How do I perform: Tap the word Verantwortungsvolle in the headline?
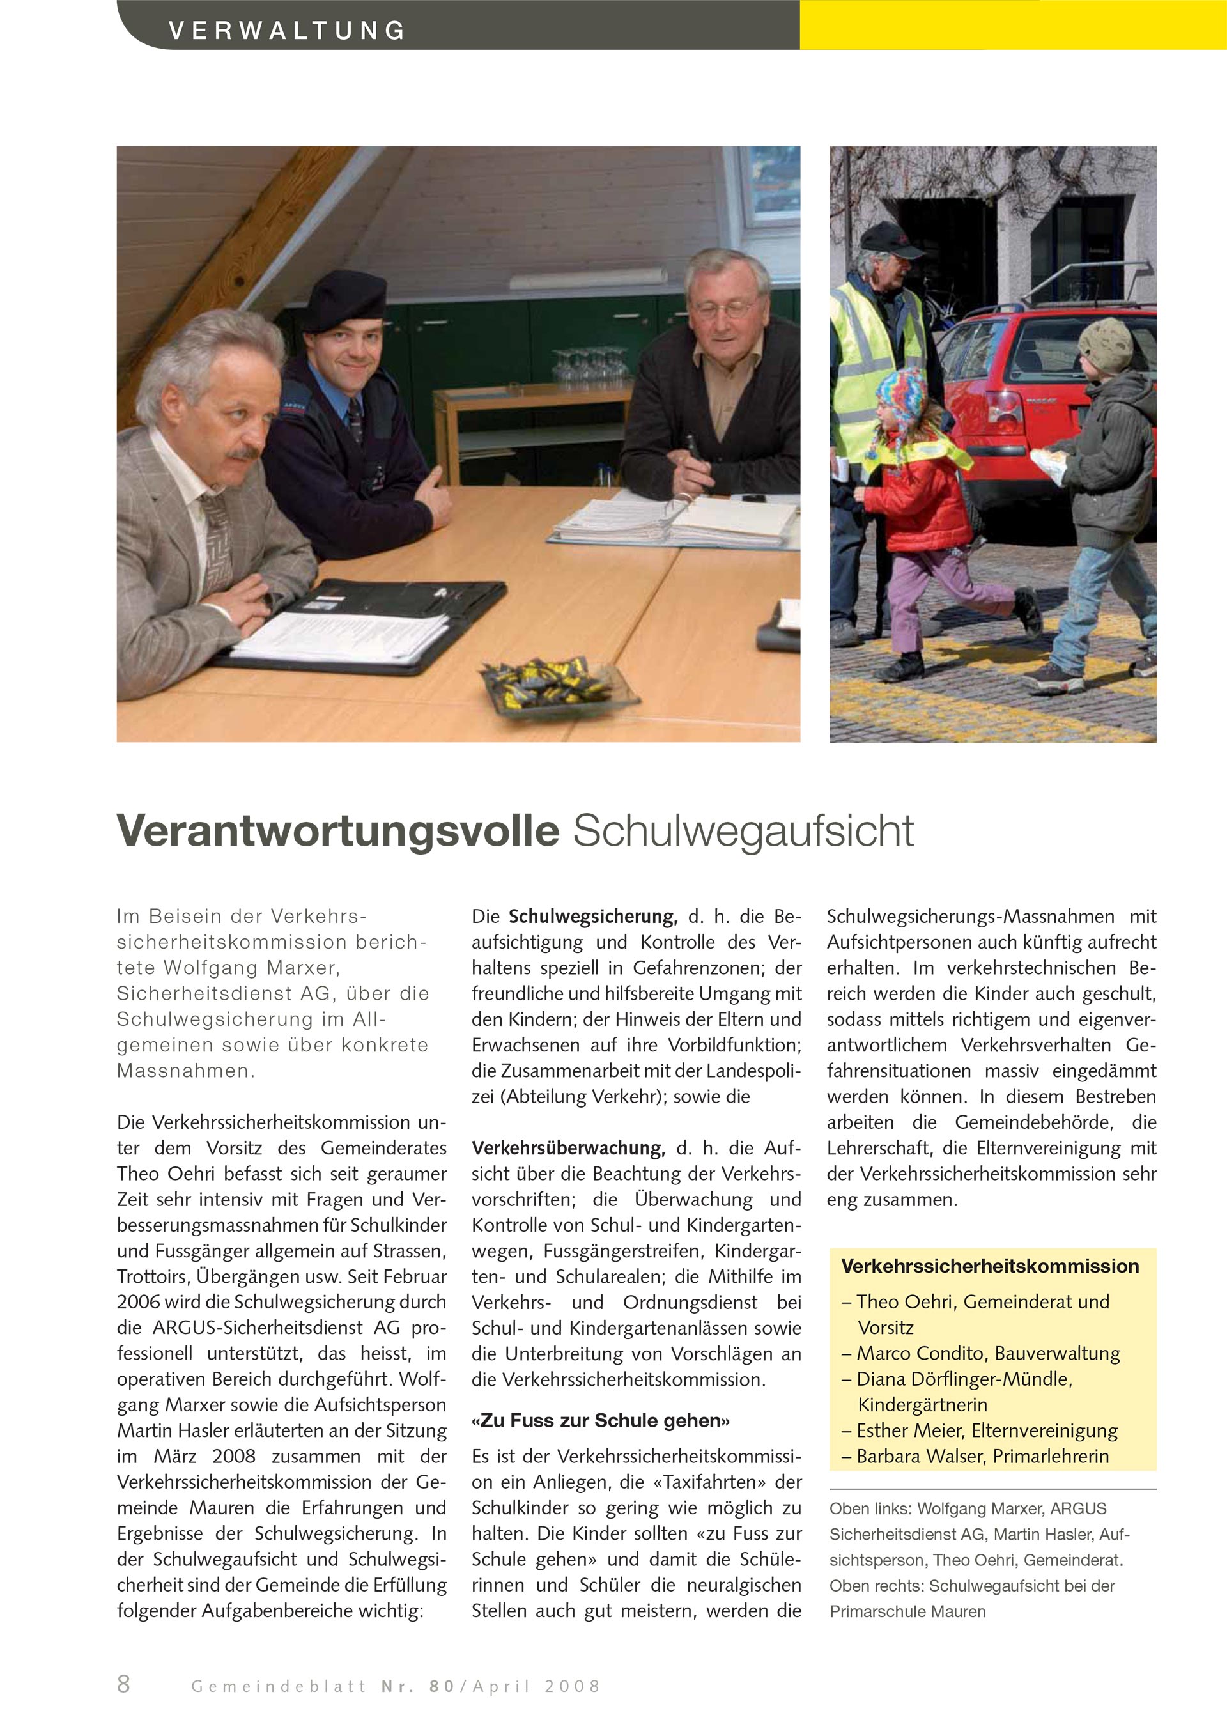coord(338,831)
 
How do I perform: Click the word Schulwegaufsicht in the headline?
coord(743,831)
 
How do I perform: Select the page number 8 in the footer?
coord(124,1684)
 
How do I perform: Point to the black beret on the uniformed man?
coord(344,298)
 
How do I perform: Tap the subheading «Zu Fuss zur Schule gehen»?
coord(600,1421)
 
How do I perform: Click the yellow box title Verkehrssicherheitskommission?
coord(990,1266)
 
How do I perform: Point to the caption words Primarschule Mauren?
coord(907,1611)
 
